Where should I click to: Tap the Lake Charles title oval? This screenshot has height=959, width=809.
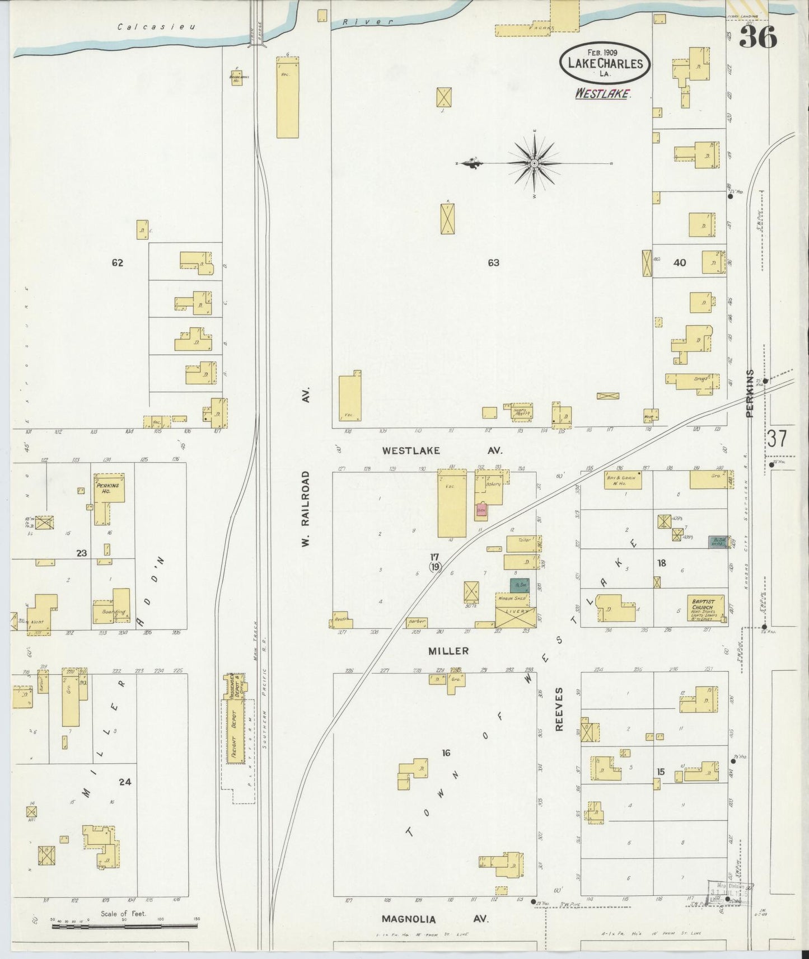click(605, 63)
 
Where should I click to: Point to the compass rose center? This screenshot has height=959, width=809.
click(535, 163)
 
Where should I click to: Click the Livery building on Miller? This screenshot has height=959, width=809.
click(515, 617)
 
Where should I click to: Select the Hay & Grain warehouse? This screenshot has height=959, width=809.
click(623, 480)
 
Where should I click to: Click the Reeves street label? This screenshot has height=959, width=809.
click(559, 710)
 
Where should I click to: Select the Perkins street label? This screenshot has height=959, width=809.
click(750, 393)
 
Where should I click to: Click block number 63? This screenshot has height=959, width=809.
click(493, 262)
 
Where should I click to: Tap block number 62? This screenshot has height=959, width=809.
click(117, 262)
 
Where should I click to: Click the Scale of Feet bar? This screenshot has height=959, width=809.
click(124, 925)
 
